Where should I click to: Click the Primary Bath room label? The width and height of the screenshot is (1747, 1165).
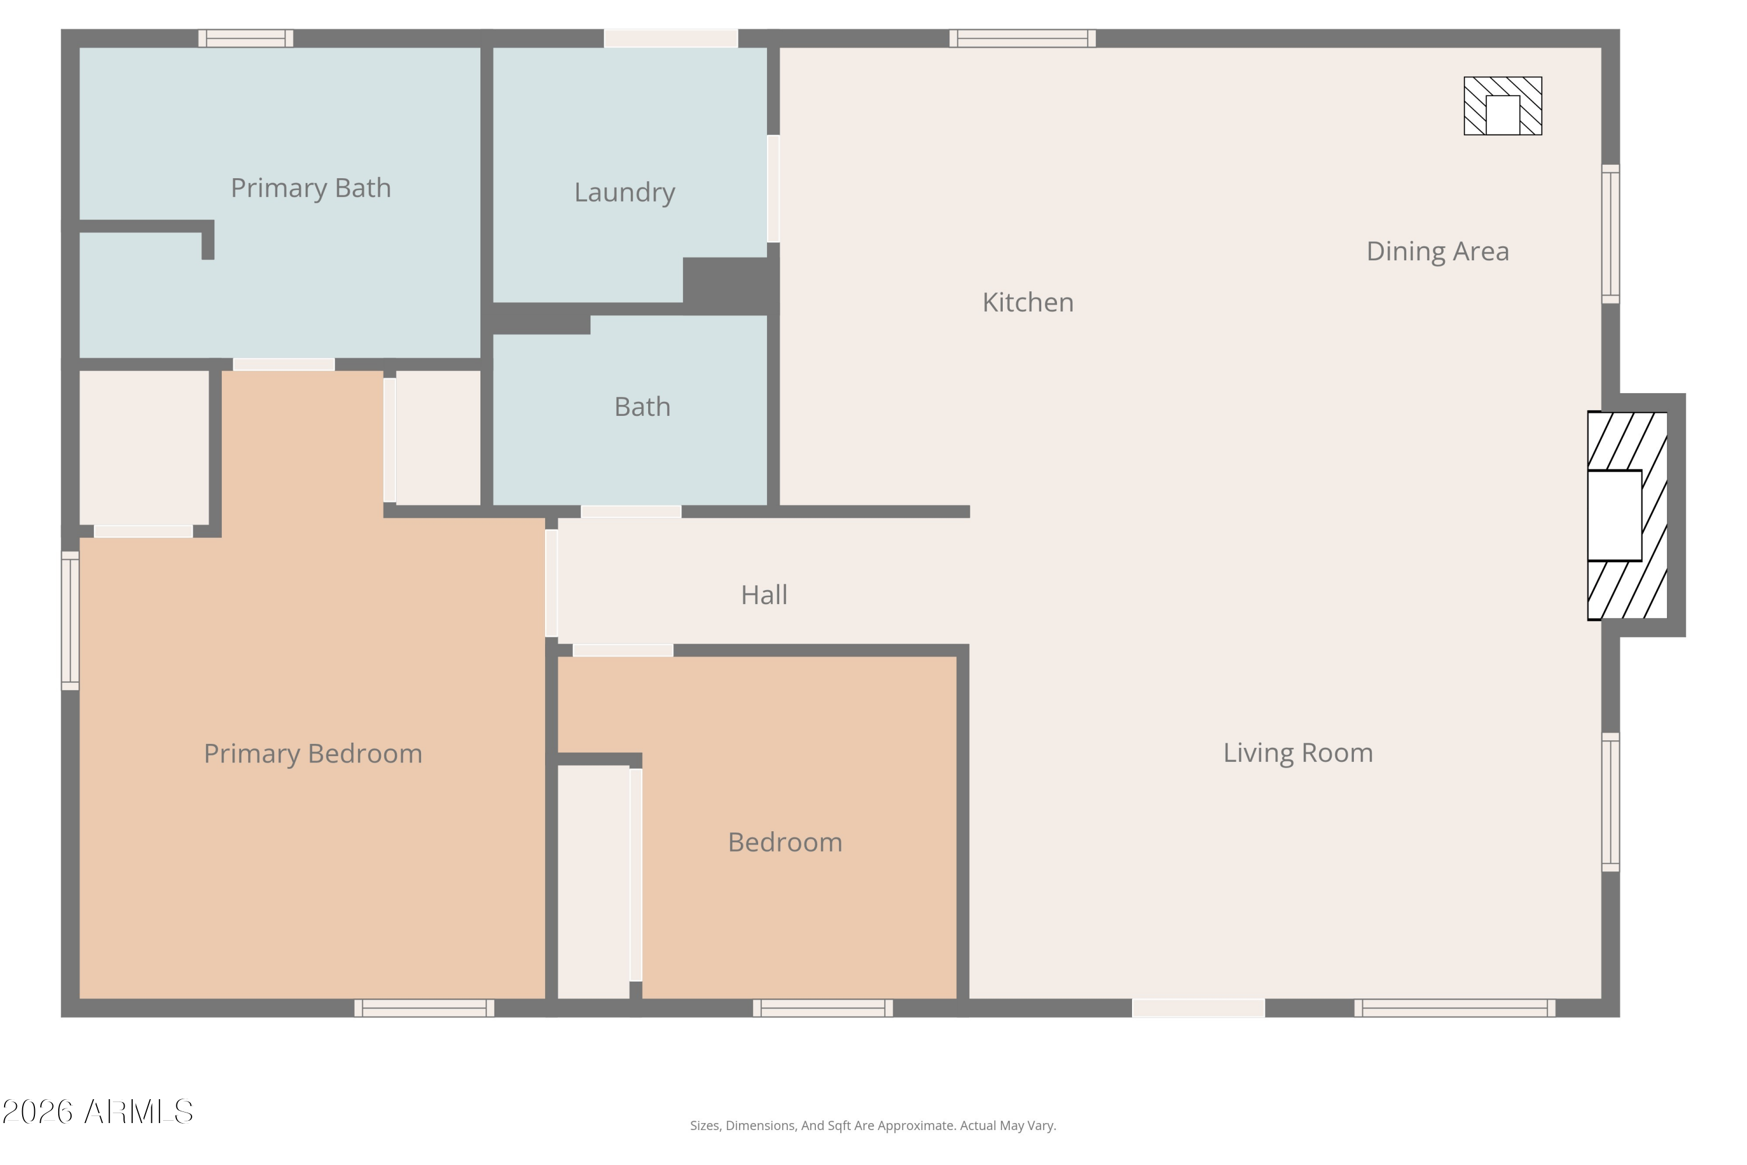click(310, 189)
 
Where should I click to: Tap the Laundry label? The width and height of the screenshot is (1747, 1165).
click(625, 192)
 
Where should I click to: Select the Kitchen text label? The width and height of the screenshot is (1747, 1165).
click(1028, 302)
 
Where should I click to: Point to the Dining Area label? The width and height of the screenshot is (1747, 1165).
click(1437, 252)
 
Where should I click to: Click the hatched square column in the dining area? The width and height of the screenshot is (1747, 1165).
click(1502, 106)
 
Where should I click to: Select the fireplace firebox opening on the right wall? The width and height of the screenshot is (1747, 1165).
click(1614, 516)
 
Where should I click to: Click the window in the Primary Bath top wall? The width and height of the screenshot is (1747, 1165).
click(246, 38)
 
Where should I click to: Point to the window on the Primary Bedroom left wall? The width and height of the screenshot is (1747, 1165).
click(70, 621)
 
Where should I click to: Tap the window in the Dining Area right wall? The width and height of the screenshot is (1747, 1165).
click(1610, 234)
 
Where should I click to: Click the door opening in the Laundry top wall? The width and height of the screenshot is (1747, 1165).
click(671, 38)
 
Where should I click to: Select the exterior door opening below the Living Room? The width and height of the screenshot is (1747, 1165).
click(1198, 1008)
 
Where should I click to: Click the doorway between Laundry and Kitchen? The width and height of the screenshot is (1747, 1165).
click(773, 189)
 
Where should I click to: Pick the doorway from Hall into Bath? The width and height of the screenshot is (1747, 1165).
click(631, 512)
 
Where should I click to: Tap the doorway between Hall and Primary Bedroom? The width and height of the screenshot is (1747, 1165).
click(551, 583)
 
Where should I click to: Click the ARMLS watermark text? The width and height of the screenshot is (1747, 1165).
click(97, 1112)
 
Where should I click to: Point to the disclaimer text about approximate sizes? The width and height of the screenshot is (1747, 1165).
click(873, 1125)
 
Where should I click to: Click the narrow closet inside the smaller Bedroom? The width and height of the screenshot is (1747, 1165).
click(593, 882)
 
